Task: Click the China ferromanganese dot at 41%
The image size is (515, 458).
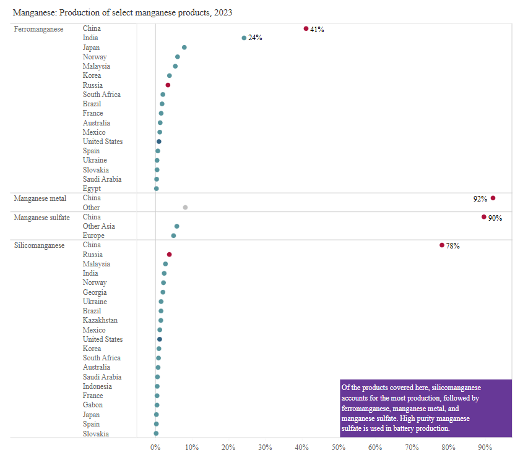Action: (306, 28)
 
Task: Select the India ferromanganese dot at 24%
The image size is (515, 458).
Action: (244, 38)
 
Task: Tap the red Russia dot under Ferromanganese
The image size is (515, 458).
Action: (168, 85)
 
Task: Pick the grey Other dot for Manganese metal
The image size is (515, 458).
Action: (185, 208)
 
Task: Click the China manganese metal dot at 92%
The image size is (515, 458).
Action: (493, 198)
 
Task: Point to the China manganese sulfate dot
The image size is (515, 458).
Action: (484, 217)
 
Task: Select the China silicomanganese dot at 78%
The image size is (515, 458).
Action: (442, 245)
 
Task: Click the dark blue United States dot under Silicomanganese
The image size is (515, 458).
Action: (160, 339)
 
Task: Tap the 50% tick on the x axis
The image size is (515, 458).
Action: (339, 447)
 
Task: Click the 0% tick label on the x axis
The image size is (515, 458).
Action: (155, 447)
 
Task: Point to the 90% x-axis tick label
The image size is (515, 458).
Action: (485, 447)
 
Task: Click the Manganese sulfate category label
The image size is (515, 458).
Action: (41, 217)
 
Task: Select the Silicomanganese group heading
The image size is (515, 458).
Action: (39, 245)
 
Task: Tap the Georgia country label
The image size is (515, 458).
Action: (95, 292)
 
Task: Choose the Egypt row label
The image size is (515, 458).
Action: (92, 189)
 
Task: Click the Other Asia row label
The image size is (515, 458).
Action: (99, 226)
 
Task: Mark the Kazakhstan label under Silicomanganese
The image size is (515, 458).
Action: (100, 320)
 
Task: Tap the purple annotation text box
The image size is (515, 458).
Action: (426, 407)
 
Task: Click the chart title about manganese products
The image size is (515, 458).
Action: (123, 12)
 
